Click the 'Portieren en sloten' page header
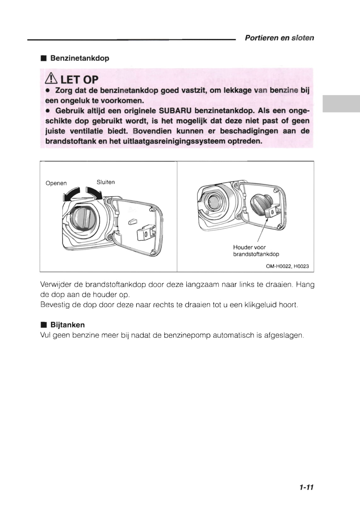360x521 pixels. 279,38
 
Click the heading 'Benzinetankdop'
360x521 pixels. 79,58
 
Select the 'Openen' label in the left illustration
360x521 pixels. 56,183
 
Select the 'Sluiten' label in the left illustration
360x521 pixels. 106,182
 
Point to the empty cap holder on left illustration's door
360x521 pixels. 146,232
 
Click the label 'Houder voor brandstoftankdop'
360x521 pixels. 256,251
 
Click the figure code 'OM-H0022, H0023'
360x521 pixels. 287,266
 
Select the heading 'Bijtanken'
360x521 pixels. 67,325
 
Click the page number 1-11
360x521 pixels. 306,487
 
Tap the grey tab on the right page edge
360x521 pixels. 341,103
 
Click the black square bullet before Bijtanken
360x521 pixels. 44,325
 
